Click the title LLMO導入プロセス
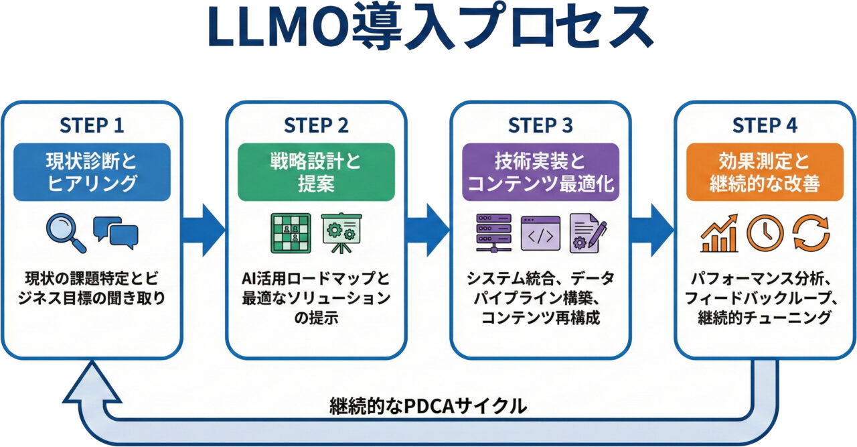tap(428, 30)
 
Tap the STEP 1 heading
tap(92, 125)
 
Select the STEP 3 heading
tap(540, 125)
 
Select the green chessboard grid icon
tap(290, 233)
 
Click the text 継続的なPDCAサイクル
tap(428, 405)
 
